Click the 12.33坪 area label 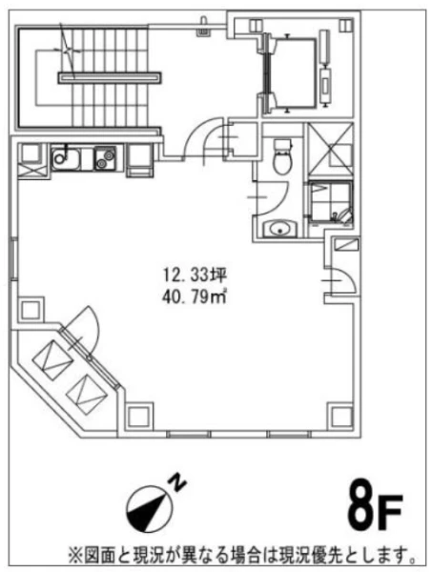[195, 276]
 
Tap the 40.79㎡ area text [195, 296]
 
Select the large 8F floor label [375, 508]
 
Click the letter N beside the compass [177, 482]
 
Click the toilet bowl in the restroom [283, 157]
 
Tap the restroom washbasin [280, 229]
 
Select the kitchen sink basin [66, 158]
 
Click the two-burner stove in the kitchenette [106, 158]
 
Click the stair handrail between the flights [110, 78]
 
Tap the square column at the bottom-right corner [339, 416]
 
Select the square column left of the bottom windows [140, 416]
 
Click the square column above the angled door [31, 311]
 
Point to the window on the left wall [14, 258]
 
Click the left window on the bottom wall [188, 434]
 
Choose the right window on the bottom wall [288, 434]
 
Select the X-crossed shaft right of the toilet [330, 151]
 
